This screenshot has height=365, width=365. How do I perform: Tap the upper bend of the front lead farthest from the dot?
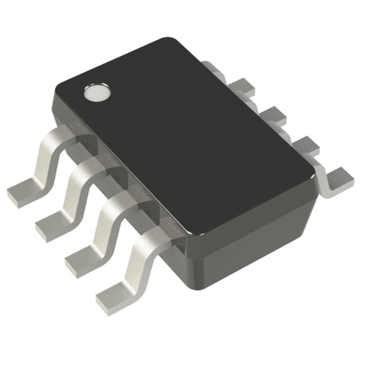[152, 234]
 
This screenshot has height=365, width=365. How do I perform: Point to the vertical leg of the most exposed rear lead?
[323, 177]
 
